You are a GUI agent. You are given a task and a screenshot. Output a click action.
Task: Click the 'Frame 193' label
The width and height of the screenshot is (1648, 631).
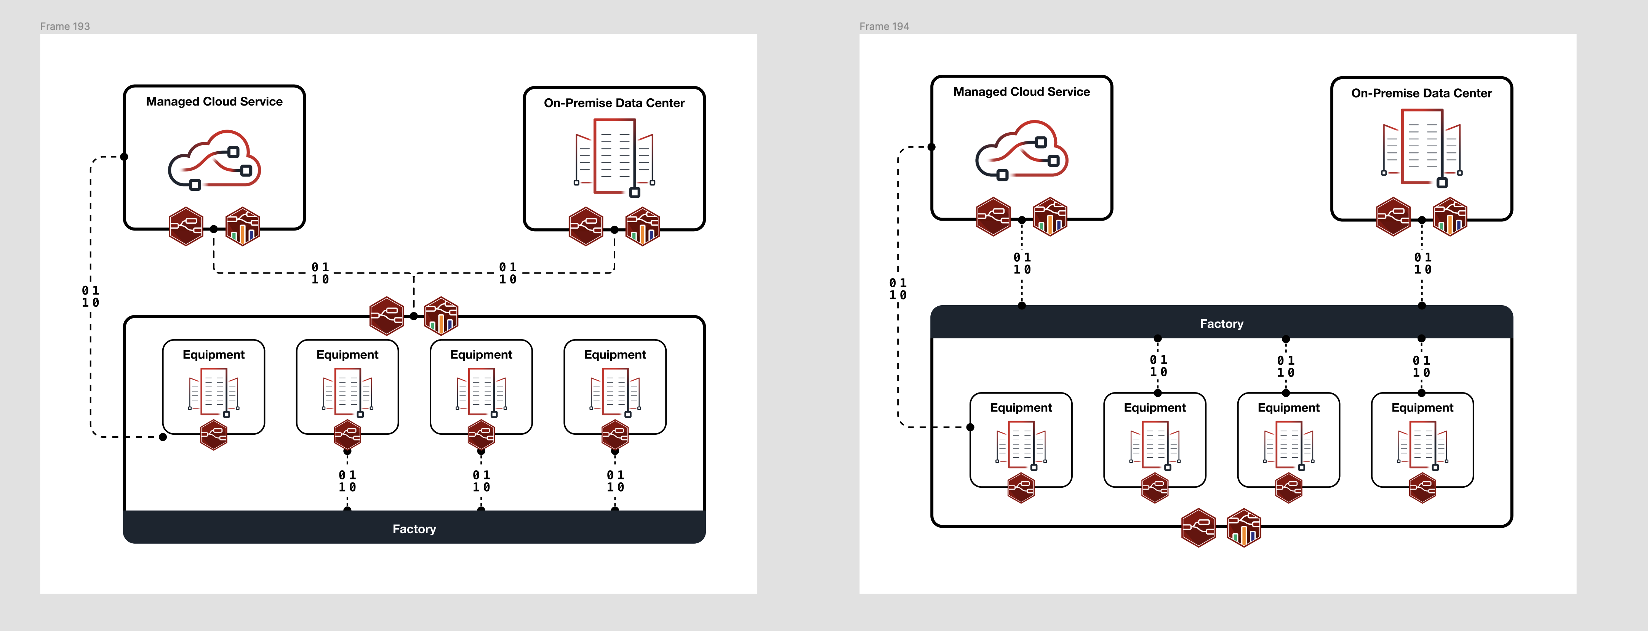tap(65, 26)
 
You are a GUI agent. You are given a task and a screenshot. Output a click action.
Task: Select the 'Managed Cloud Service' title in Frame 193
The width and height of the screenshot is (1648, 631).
tap(214, 102)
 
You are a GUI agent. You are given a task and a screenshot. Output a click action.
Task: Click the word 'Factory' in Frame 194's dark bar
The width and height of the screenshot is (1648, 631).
tap(1221, 324)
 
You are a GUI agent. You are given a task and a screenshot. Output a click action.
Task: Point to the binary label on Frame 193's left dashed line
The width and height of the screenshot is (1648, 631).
tap(90, 296)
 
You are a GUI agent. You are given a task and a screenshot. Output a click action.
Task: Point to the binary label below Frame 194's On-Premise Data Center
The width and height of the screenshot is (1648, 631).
tap(1422, 263)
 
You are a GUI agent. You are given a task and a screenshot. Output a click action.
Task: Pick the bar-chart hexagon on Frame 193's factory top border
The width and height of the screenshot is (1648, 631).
tap(442, 316)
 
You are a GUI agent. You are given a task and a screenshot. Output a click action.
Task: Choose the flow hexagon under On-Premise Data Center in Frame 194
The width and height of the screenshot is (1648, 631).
tap(1393, 217)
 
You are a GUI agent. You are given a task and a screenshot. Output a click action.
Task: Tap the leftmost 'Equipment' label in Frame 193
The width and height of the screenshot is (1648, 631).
tap(214, 354)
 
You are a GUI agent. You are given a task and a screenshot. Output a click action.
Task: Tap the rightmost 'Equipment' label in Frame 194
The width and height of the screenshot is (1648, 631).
tap(1422, 408)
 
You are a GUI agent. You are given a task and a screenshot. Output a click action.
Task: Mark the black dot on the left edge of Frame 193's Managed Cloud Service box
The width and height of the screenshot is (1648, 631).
tap(124, 157)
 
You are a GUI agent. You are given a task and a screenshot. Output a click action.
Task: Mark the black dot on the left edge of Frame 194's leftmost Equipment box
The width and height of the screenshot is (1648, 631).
tap(971, 427)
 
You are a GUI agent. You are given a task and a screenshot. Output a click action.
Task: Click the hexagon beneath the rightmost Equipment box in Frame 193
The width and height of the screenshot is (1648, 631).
tap(615, 435)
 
